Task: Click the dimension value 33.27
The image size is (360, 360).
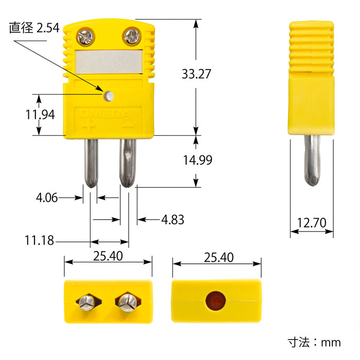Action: point(196,74)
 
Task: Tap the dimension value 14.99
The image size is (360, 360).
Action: point(197,160)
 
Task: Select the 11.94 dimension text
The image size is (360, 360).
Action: point(40,115)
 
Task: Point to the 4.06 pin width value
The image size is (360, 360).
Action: point(47,197)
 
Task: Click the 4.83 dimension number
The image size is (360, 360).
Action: point(173,220)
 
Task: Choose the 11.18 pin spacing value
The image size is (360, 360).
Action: point(39,240)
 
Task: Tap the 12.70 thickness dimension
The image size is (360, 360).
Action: point(312,223)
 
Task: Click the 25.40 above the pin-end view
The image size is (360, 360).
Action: point(108,256)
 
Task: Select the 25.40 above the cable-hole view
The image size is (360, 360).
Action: point(219,257)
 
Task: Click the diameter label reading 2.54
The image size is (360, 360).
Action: point(34,28)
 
